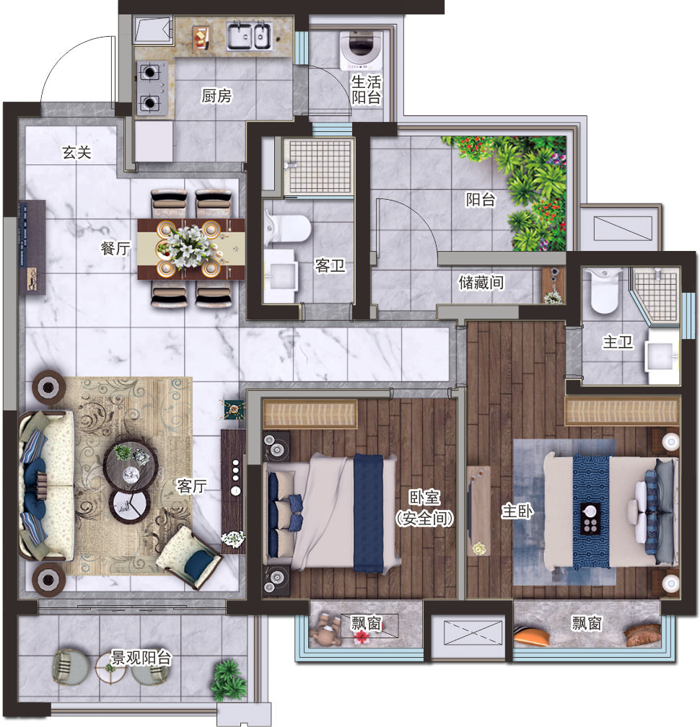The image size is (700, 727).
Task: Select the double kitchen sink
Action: (249, 36)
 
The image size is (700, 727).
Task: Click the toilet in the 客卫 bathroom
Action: (288, 228)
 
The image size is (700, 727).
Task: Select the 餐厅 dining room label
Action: (115, 248)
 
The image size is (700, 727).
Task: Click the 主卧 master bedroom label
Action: (517, 511)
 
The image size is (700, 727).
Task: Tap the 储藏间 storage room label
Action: (481, 282)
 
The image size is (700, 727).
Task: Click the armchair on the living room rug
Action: (190, 556)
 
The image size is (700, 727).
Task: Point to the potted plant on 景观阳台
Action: (228, 679)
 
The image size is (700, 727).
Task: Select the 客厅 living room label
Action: (191, 486)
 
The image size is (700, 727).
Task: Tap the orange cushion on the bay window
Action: (532, 635)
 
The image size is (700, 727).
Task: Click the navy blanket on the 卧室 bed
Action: (368, 513)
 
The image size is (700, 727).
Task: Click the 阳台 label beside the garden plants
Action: (481, 199)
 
